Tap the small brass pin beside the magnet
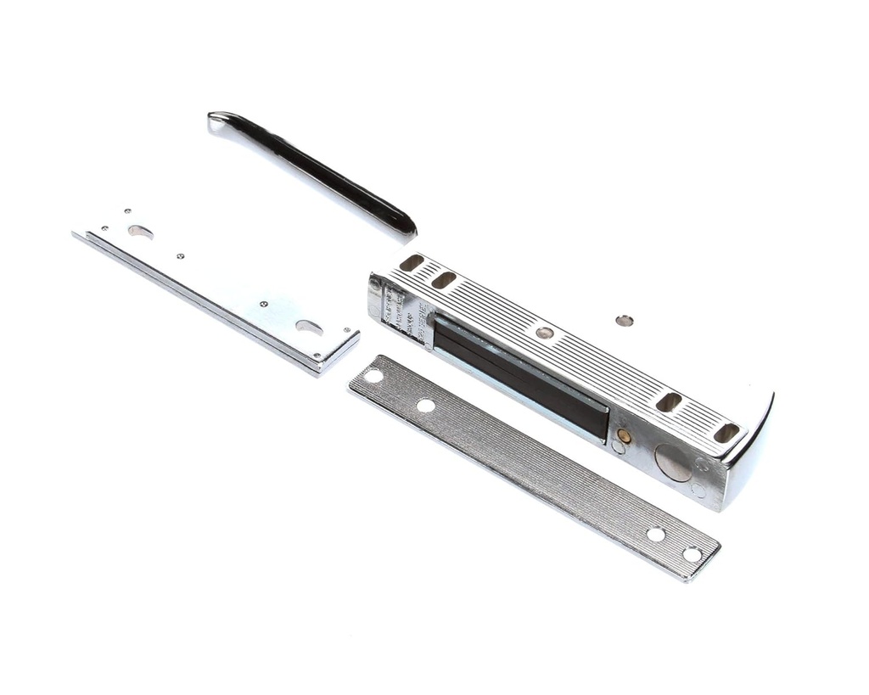[x=624, y=436]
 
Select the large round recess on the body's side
[x=672, y=462]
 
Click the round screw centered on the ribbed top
[x=544, y=333]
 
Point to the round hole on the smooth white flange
[x=625, y=320]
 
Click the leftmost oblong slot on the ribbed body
[x=412, y=263]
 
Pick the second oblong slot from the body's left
[x=443, y=279]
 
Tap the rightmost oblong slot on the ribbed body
[x=726, y=433]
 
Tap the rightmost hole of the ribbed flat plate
[x=692, y=555]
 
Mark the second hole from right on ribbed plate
[x=656, y=535]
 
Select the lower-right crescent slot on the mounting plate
[x=309, y=327]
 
